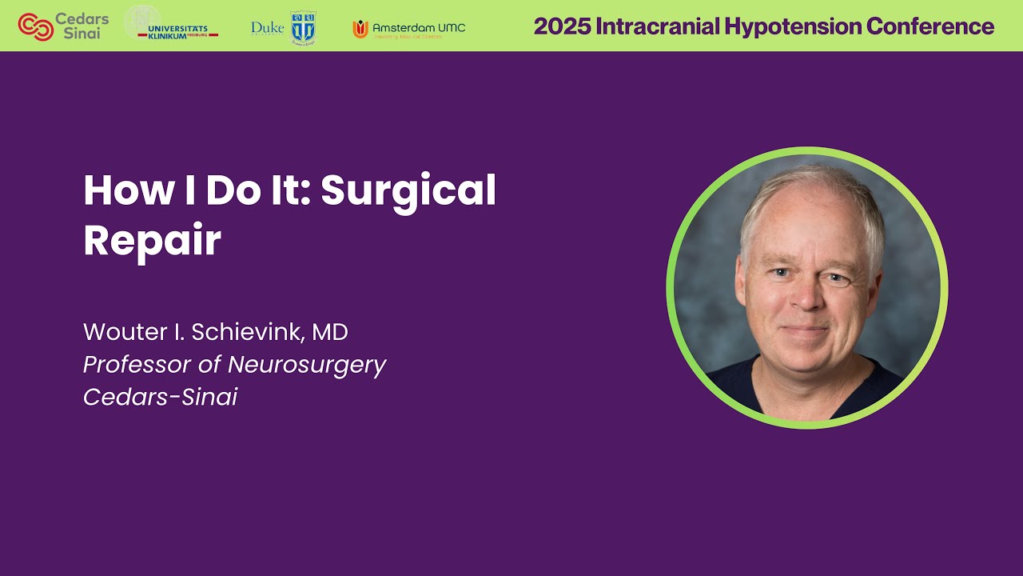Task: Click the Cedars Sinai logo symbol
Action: [35, 26]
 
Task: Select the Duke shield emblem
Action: [303, 27]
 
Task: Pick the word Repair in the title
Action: [152, 240]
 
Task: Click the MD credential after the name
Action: [330, 331]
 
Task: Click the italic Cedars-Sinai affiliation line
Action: [160, 398]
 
